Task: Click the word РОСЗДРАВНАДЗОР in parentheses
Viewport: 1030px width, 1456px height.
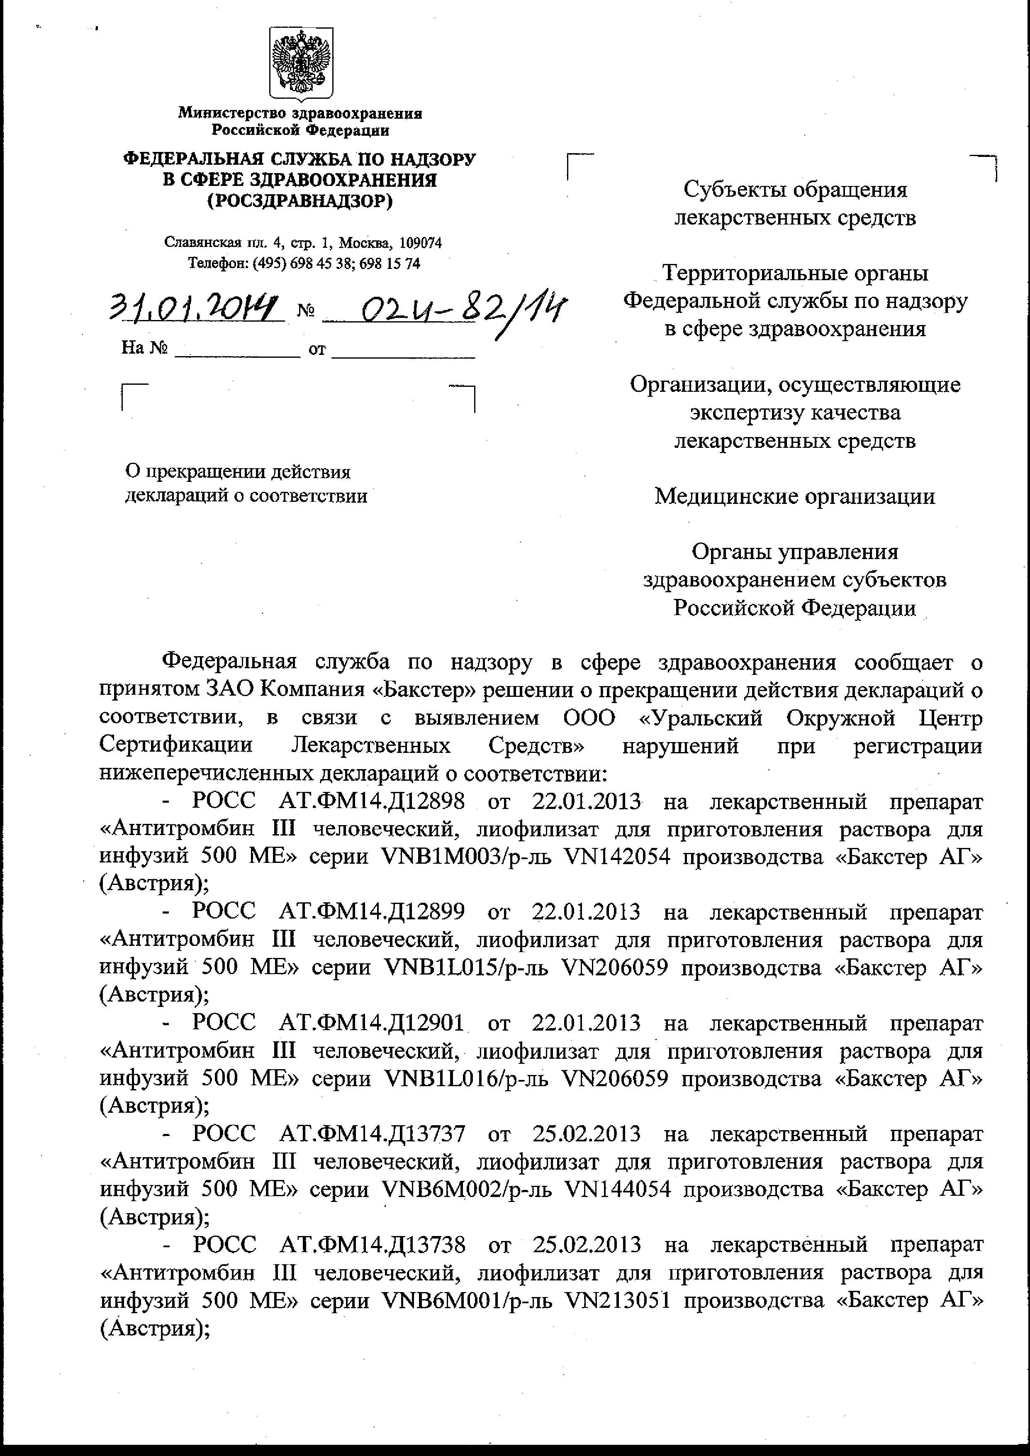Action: coord(300,201)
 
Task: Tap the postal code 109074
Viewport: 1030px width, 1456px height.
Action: coord(421,243)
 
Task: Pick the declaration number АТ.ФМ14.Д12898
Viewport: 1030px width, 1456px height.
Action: coord(372,801)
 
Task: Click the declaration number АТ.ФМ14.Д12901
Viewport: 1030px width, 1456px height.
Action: coord(372,1024)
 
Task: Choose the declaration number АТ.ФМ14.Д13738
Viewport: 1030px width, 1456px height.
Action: coord(372,1245)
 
